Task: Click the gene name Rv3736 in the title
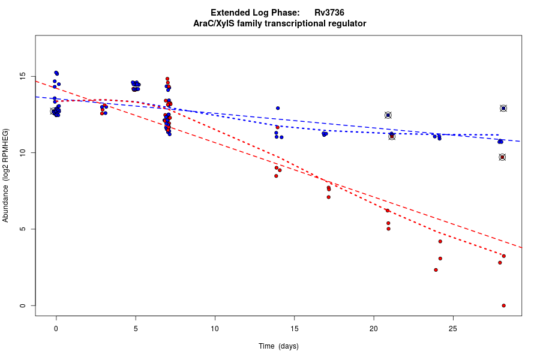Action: (x=329, y=13)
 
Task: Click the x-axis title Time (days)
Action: (x=278, y=346)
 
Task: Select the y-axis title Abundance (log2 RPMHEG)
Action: (x=6, y=175)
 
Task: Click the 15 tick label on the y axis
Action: (x=22, y=77)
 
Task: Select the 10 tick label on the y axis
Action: (x=22, y=153)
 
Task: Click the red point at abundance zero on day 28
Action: (x=503, y=305)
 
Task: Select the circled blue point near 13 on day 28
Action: (x=503, y=109)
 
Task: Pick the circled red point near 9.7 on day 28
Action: (x=502, y=157)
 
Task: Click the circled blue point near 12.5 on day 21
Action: (x=388, y=115)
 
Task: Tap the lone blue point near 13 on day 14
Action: (x=278, y=108)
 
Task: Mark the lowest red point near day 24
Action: (x=436, y=270)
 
